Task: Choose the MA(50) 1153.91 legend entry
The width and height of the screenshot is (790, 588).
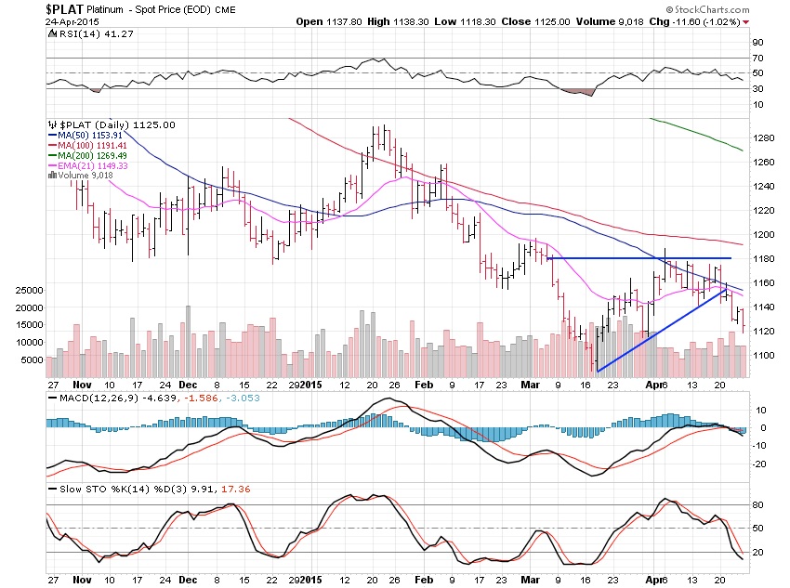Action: (x=89, y=135)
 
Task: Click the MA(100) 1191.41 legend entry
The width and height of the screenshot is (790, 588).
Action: (x=91, y=146)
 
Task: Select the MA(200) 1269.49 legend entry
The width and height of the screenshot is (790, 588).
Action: (x=91, y=156)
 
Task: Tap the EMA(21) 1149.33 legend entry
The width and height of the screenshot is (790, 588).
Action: (x=91, y=166)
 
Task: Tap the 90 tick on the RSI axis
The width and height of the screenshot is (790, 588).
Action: (x=757, y=42)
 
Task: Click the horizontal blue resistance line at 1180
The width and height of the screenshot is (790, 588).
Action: (x=641, y=257)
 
